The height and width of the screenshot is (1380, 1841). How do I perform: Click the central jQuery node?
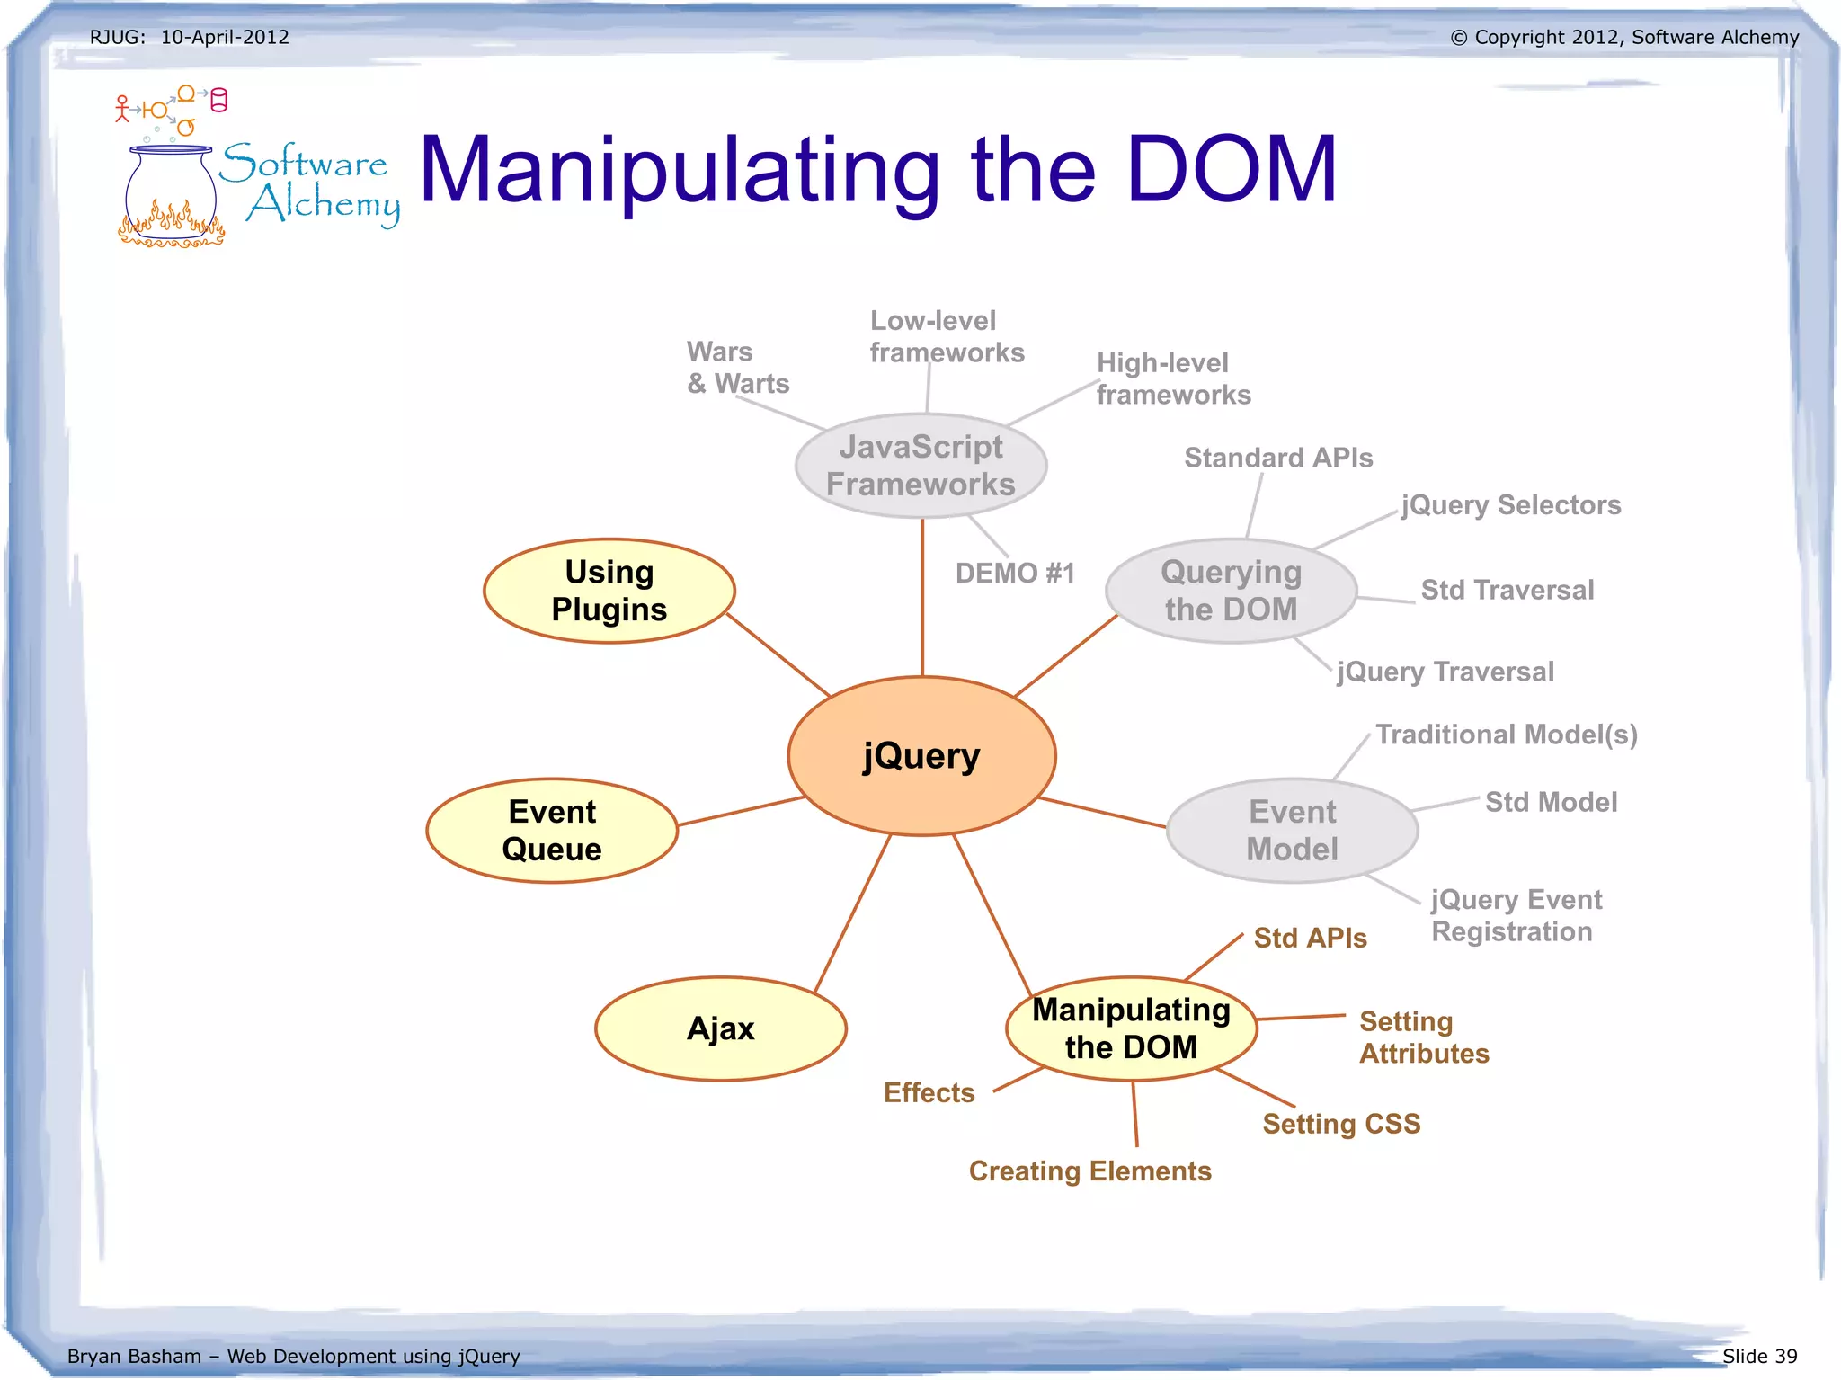point(921,755)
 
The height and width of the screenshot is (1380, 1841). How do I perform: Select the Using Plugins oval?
point(609,591)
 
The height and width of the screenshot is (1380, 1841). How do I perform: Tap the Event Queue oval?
point(552,831)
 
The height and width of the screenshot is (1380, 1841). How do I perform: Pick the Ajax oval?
point(720,1028)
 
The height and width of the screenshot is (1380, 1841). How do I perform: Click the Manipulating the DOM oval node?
point(1131,1028)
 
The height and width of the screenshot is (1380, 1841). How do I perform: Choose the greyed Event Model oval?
point(1292,831)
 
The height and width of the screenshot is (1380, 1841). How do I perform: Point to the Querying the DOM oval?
point(1231,591)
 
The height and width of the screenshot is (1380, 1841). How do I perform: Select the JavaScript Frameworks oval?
point(920,466)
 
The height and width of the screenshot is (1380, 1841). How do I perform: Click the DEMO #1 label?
point(1015,574)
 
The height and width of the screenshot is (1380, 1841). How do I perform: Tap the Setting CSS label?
point(1341,1124)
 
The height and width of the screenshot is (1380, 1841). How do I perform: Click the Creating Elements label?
point(1089,1171)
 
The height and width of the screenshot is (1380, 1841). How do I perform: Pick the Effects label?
point(929,1092)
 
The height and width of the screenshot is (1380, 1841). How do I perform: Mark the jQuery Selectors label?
point(1511,505)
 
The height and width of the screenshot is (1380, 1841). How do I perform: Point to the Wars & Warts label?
point(737,368)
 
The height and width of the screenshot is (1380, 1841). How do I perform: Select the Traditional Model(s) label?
point(1507,735)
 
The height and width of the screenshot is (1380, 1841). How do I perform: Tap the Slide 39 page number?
point(1759,1356)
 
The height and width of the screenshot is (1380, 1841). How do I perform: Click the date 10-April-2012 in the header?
point(225,37)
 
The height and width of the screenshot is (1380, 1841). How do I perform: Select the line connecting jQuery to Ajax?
point(852,913)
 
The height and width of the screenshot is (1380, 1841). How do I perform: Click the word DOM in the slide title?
point(1232,169)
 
